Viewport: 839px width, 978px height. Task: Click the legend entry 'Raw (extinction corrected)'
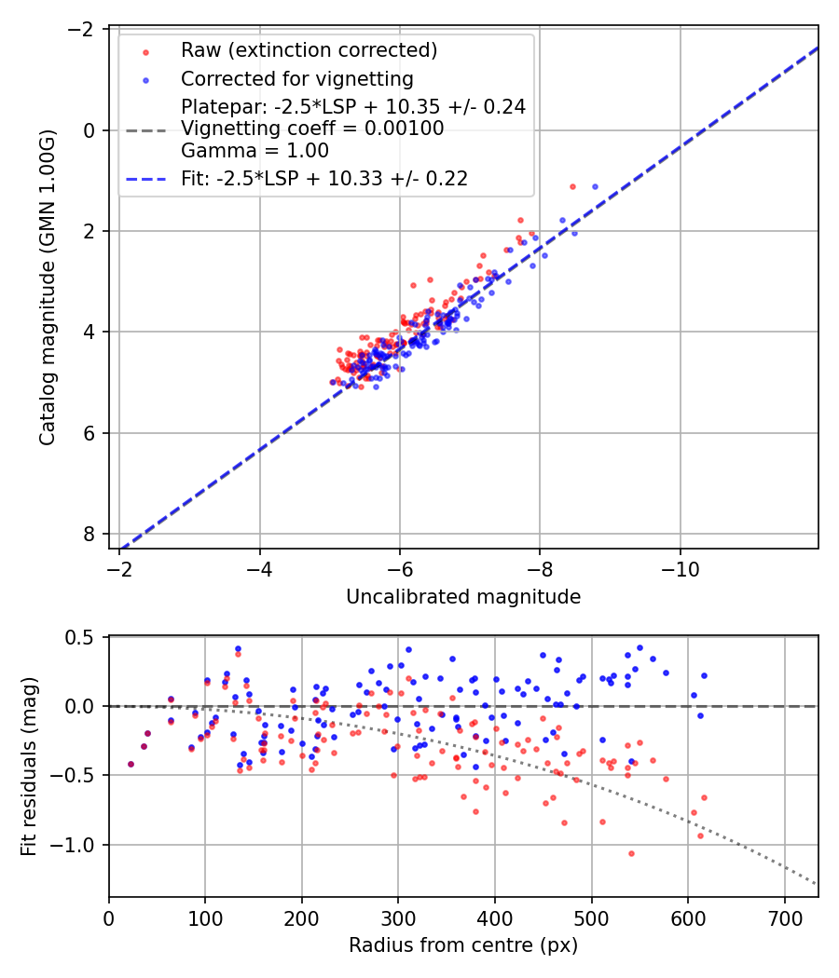tap(309, 49)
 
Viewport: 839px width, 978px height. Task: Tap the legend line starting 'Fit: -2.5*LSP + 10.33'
tap(323, 178)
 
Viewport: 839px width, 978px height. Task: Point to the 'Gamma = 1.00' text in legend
tap(254, 150)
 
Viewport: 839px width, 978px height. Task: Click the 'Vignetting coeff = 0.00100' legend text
tap(312, 129)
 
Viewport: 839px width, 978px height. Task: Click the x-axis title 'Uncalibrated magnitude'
tap(463, 597)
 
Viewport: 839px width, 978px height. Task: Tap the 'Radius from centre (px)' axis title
tap(463, 945)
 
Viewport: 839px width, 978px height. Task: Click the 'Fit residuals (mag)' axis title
tap(29, 767)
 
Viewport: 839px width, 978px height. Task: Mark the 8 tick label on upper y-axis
tap(89, 534)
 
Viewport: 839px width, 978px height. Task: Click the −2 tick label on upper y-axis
tap(81, 30)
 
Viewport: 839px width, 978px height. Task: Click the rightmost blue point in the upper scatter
tap(595, 186)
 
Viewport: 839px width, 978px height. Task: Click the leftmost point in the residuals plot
tap(131, 764)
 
